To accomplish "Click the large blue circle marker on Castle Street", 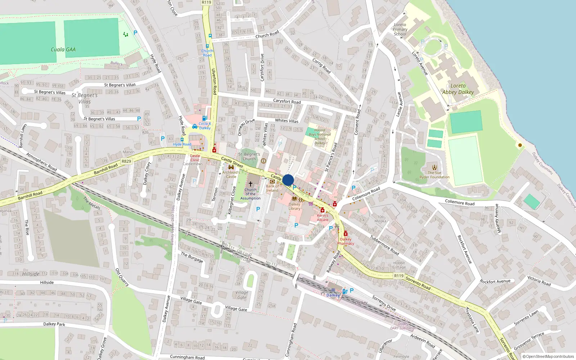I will click(288, 180).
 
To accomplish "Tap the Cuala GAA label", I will click(63, 50).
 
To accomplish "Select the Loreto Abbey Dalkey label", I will click(458, 89).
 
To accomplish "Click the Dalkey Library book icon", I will click(294, 199).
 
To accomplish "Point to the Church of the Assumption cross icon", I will click(251, 184).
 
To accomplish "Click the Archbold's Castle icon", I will click(231, 167).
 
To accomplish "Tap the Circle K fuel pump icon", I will click(204, 118).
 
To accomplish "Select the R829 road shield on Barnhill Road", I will click(126, 161).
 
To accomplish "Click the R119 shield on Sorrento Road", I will click(399, 276).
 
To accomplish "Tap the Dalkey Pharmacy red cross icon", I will click(346, 234).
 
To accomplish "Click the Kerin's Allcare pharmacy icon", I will click(323, 210).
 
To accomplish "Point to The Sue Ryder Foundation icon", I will click(435, 167).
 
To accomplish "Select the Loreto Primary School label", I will click(400, 30).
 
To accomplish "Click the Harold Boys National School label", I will click(320, 136).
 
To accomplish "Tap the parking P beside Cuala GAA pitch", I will click(135, 33).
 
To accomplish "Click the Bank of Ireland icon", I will click(272, 181).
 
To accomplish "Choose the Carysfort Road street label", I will click(287, 102).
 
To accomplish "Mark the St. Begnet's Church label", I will click(249, 157).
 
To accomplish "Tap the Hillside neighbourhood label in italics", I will click(31, 274).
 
